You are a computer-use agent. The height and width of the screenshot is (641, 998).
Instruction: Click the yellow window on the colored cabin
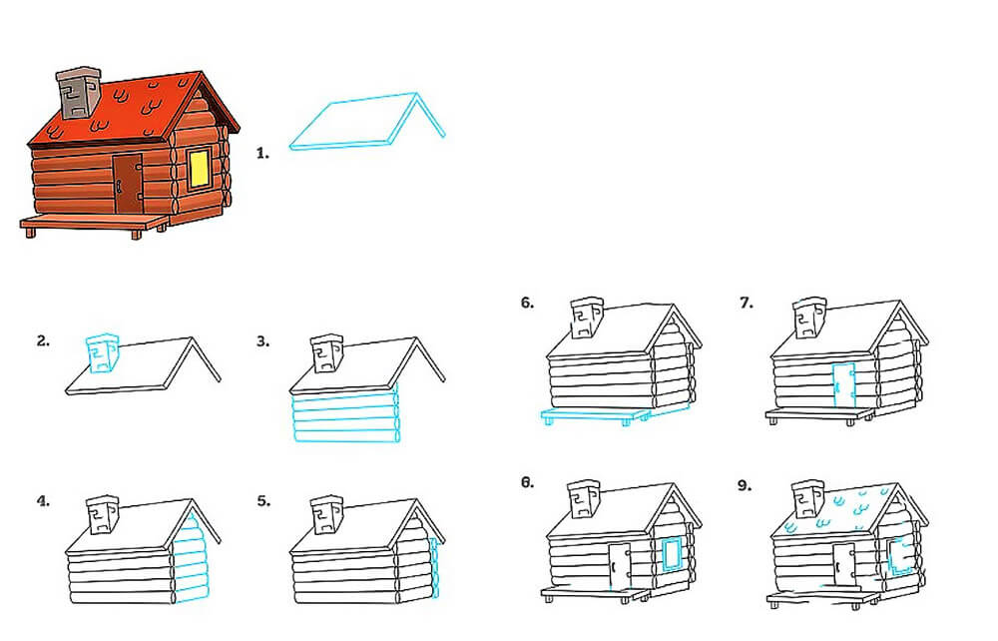(x=200, y=168)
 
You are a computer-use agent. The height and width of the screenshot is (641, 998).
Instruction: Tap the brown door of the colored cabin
(x=128, y=184)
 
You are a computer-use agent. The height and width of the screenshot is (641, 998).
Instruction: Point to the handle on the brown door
(x=119, y=186)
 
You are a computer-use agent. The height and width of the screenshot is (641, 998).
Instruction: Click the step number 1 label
(x=262, y=153)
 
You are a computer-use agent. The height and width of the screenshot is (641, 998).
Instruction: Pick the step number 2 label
(x=43, y=341)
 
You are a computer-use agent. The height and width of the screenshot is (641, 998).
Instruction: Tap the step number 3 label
(x=262, y=341)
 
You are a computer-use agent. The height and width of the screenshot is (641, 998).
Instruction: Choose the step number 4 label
(x=43, y=501)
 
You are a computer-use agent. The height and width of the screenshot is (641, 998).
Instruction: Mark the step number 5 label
(x=263, y=501)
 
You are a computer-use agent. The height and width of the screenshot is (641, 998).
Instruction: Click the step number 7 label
(x=747, y=303)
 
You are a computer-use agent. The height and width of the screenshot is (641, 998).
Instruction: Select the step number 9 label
(x=745, y=485)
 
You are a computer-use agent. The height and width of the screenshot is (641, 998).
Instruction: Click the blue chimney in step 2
(x=102, y=352)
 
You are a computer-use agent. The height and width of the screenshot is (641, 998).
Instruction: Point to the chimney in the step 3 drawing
(x=326, y=352)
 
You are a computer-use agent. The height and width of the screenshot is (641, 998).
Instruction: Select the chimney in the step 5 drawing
(x=327, y=513)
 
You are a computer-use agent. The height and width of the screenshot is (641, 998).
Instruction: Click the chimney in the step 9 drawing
(x=807, y=499)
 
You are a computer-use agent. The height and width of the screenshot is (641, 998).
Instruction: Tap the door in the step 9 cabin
(x=844, y=565)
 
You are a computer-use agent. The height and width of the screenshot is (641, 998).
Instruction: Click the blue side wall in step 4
(x=191, y=557)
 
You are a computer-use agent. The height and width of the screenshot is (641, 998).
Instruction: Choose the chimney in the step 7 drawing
(x=809, y=318)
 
